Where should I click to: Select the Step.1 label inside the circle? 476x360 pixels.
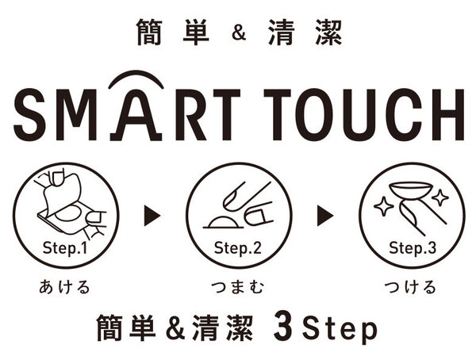[66, 247]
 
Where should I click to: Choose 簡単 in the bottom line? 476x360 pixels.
[126, 327]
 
